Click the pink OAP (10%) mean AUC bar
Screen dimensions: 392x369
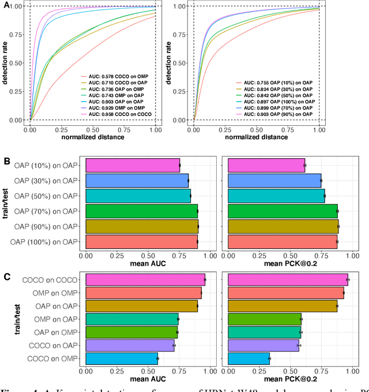pyautogui.click(x=133, y=166)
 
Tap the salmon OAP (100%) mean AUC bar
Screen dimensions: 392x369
pyautogui.click(x=141, y=242)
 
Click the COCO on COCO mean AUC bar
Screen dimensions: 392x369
pyautogui.click(x=145, y=279)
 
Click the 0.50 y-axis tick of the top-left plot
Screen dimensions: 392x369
pyautogui.click(x=17, y=63)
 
